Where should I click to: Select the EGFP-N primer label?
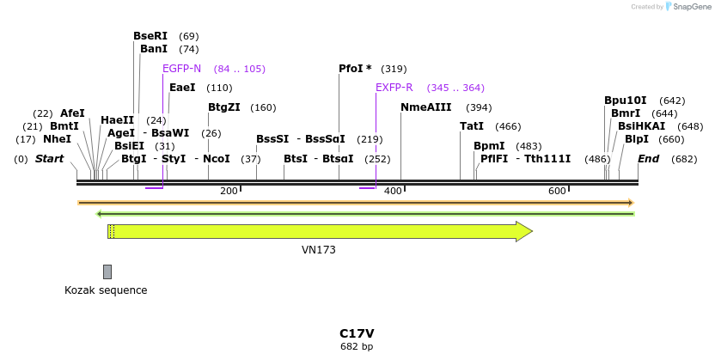coord(181,69)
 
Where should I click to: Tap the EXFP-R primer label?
coord(394,88)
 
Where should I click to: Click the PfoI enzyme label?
coord(355,69)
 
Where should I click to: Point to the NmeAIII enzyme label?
coord(425,107)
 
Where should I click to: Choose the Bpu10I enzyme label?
coord(625,101)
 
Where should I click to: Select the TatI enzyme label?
coord(472,126)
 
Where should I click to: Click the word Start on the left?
coord(49,159)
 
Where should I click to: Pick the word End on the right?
coord(648,159)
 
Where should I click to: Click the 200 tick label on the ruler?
coord(229,191)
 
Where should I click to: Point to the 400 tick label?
coord(393,191)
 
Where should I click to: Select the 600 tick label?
coord(556,191)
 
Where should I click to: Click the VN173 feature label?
coord(318,250)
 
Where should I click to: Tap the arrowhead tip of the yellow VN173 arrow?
coord(531,231)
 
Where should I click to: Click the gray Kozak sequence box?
coord(107,272)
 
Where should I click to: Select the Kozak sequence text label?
coord(106,290)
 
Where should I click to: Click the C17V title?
coord(357,333)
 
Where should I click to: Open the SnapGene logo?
coord(691,7)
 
